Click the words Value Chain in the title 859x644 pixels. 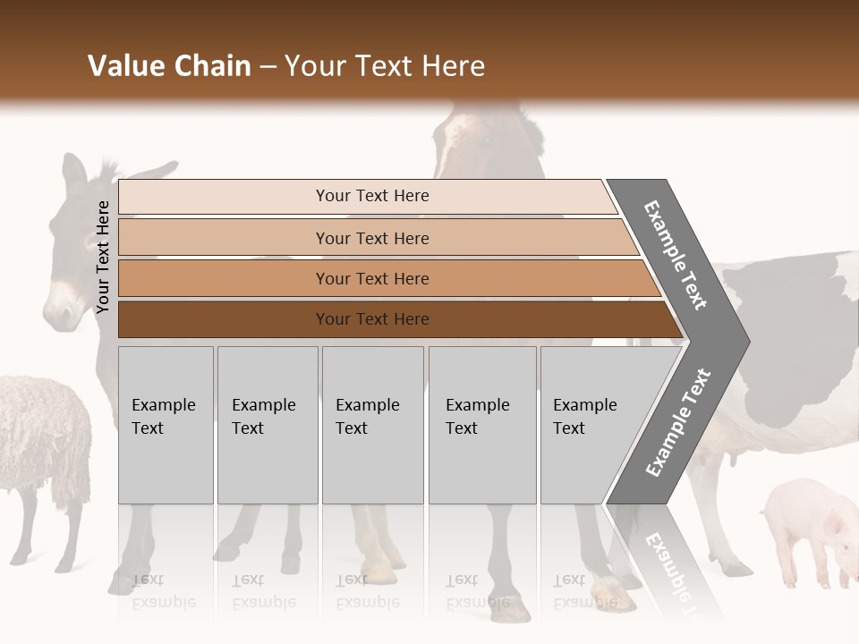tap(169, 66)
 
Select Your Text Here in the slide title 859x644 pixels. tap(385, 66)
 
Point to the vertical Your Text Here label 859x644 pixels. tap(104, 258)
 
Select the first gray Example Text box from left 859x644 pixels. tap(166, 425)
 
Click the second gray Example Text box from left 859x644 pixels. tap(267, 425)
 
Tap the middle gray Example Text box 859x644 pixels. tap(372, 425)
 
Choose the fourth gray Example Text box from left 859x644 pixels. tap(482, 425)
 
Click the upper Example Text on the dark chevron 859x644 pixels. tap(676, 255)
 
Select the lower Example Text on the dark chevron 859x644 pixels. tap(678, 423)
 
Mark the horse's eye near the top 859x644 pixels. tap(488, 140)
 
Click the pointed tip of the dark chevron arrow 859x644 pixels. tap(747, 341)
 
